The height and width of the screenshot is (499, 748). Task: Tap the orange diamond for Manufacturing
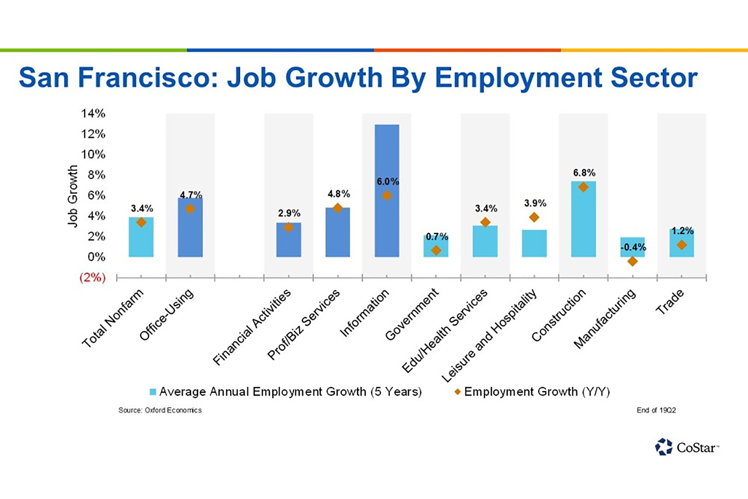coord(632,261)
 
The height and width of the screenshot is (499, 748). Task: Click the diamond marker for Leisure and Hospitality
coord(534,217)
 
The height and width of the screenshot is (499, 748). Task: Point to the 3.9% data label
coord(535,203)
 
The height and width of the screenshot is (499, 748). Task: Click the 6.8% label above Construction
coord(584,173)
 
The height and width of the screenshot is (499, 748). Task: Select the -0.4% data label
coord(633,247)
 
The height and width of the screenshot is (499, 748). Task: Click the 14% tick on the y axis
coord(93,114)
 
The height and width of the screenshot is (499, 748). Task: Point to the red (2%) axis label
coord(93,277)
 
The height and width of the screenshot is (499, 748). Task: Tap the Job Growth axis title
coord(72,196)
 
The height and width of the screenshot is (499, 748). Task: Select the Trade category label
coord(670,302)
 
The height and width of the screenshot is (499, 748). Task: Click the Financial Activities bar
coord(289,242)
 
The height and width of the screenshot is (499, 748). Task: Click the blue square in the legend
coord(153,392)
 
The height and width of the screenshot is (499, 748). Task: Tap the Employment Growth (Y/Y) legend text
coord(537,392)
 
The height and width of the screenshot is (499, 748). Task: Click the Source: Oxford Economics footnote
coord(160,410)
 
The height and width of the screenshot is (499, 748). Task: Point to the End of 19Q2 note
coord(656,410)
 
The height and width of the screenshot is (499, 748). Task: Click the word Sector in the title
coord(654,78)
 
